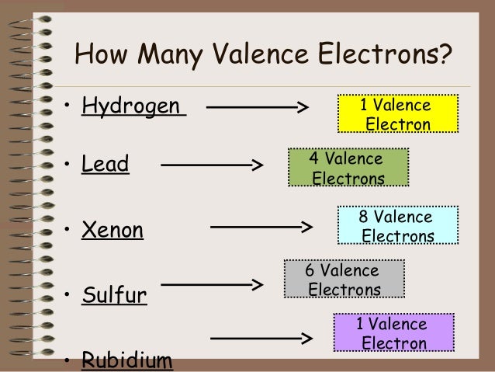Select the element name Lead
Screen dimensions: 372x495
point(106,165)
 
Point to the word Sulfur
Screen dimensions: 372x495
point(114,295)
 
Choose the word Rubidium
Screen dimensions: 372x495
point(127,360)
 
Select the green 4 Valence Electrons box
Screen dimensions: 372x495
point(348,168)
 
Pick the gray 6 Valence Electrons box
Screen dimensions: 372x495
point(344,280)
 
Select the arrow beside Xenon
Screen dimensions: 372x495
point(261,228)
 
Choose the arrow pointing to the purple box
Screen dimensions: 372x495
point(261,339)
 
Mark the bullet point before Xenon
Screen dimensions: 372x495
point(69,230)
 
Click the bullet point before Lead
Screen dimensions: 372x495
point(69,165)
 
